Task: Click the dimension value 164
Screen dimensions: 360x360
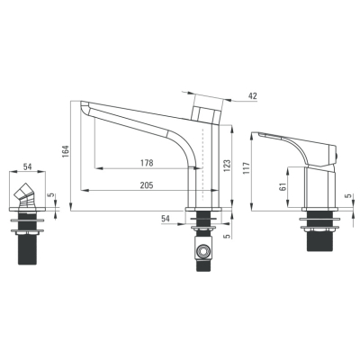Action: (66, 151)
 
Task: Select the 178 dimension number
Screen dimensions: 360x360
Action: (147, 163)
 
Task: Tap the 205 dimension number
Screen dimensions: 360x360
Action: (147, 185)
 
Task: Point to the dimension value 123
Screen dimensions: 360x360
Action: (227, 166)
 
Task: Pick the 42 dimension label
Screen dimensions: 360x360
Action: (253, 96)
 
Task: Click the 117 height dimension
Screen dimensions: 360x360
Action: (247, 168)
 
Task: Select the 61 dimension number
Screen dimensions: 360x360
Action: (283, 186)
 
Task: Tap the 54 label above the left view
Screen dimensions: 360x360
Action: (27, 166)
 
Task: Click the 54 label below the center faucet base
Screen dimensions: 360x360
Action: (166, 219)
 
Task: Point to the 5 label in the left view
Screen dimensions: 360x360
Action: (51, 195)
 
